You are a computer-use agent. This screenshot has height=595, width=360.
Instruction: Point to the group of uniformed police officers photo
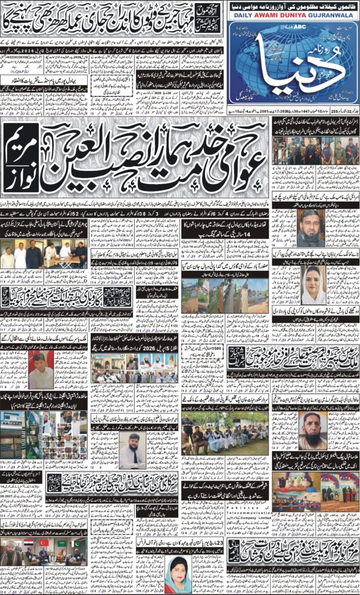click(x=314, y=151)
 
